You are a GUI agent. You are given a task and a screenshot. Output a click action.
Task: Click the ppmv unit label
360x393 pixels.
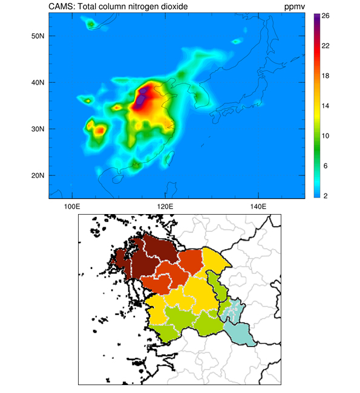(x=295, y=7)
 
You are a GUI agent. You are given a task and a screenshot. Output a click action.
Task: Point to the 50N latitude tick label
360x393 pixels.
(x=38, y=36)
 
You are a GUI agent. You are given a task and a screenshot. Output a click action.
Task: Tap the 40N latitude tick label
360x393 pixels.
(x=38, y=82)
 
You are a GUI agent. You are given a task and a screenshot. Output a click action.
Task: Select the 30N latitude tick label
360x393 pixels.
(x=38, y=129)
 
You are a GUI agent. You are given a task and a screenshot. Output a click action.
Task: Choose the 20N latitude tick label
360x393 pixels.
(x=38, y=175)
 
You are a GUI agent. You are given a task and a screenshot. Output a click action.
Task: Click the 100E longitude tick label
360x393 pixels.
(x=72, y=207)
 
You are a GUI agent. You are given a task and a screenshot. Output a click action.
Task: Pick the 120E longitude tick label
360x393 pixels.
(x=165, y=207)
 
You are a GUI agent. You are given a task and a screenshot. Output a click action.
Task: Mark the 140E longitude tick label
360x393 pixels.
(x=258, y=207)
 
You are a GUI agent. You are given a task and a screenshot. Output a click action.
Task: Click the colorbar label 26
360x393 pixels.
(x=326, y=16)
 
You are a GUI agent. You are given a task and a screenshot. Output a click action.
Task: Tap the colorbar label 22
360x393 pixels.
(x=326, y=46)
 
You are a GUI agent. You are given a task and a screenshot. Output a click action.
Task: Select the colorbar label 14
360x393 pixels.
(x=326, y=106)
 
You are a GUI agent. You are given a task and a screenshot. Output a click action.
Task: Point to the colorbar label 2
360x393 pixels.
(x=326, y=196)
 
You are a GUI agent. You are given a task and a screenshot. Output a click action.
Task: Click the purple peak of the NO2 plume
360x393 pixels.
(x=141, y=99)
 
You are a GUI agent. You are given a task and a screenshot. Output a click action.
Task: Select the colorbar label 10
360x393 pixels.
(x=326, y=136)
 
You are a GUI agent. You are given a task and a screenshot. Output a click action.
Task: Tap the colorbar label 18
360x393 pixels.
(x=326, y=76)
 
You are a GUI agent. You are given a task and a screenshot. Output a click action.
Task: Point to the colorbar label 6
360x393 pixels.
(x=326, y=166)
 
